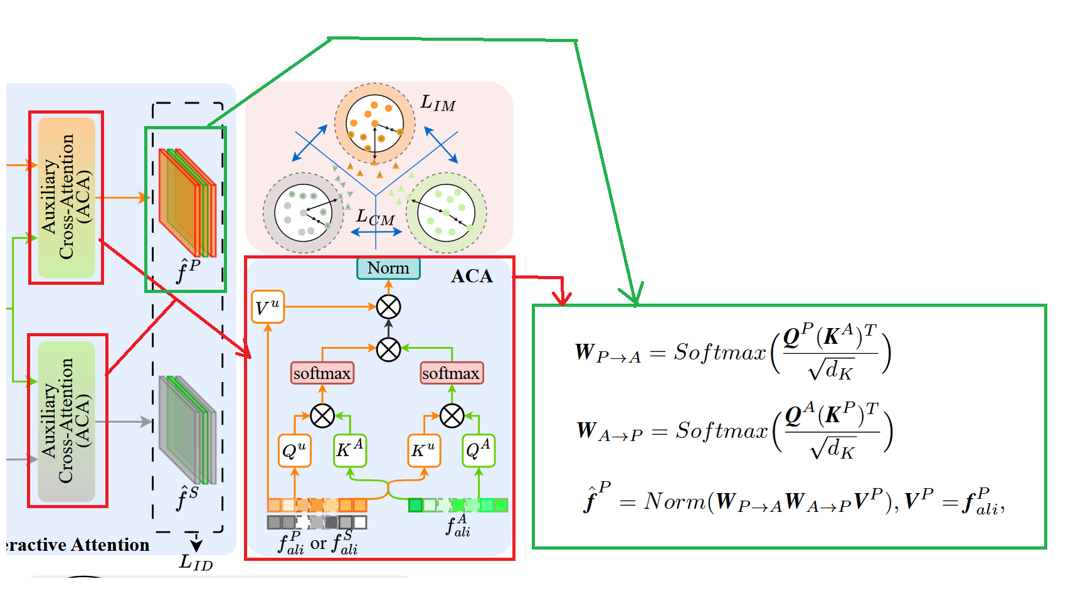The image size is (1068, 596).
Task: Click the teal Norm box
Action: pyautogui.click(x=388, y=269)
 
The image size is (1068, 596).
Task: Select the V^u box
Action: pyautogui.click(x=268, y=307)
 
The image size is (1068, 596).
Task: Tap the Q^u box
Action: pyautogui.click(x=294, y=450)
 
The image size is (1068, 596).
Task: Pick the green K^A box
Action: pyautogui.click(x=350, y=450)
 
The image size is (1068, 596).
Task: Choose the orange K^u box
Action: pyautogui.click(x=423, y=450)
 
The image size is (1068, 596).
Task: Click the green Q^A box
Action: pyautogui.click(x=478, y=450)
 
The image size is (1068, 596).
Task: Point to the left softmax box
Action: pyautogui.click(x=322, y=373)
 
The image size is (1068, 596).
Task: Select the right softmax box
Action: pyautogui.click(x=451, y=373)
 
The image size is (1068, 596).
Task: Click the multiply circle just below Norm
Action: pyautogui.click(x=388, y=307)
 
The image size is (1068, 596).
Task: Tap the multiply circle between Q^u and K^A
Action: pyautogui.click(x=322, y=415)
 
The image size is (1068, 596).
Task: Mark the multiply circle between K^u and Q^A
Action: pyautogui.click(x=452, y=415)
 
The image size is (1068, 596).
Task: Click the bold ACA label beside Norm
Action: pyautogui.click(x=472, y=277)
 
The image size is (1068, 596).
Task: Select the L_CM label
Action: pyautogui.click(x=375, y=218)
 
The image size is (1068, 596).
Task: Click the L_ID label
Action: pyautogui.click(x=196, y=562)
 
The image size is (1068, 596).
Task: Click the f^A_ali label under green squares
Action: pyautogui.click(x=458, y=526)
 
